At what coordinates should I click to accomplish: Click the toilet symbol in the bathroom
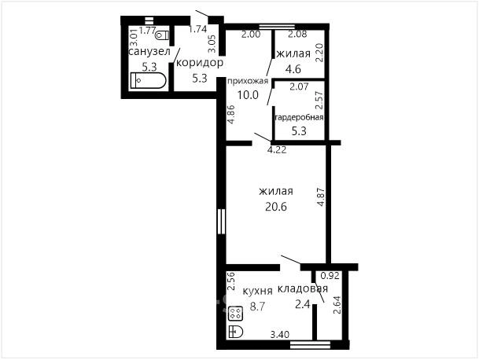(x=162, y=35)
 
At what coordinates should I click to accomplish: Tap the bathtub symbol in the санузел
(x=148, y=81)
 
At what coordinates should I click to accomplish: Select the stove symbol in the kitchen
(x=235, y=314)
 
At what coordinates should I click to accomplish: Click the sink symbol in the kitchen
(x=235, y=332)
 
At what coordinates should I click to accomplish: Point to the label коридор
(x=200, y=63)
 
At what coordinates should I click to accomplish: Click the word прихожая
(x=248, y=81)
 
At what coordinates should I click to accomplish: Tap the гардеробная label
(x=299, y=118)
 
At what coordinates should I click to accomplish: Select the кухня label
(x=257, y=291)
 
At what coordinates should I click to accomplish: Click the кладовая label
(x=303, y=288)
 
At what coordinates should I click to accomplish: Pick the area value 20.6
(x=276, y=207)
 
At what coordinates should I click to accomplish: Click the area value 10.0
(x=248, y=95)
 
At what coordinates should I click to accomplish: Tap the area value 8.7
(x=257, y=306)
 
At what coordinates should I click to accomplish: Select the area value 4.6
(x=293, y=69)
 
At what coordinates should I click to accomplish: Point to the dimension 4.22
(x=277, y=150)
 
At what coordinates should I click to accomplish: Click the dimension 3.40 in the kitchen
(x=280, y=335)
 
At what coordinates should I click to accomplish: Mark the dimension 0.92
(x=330, y=276)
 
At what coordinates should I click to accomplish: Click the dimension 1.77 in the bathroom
(x=148, y=30)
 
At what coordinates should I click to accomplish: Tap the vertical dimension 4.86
(x=231, y=115)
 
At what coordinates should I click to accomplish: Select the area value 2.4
(x=303, y=304)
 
